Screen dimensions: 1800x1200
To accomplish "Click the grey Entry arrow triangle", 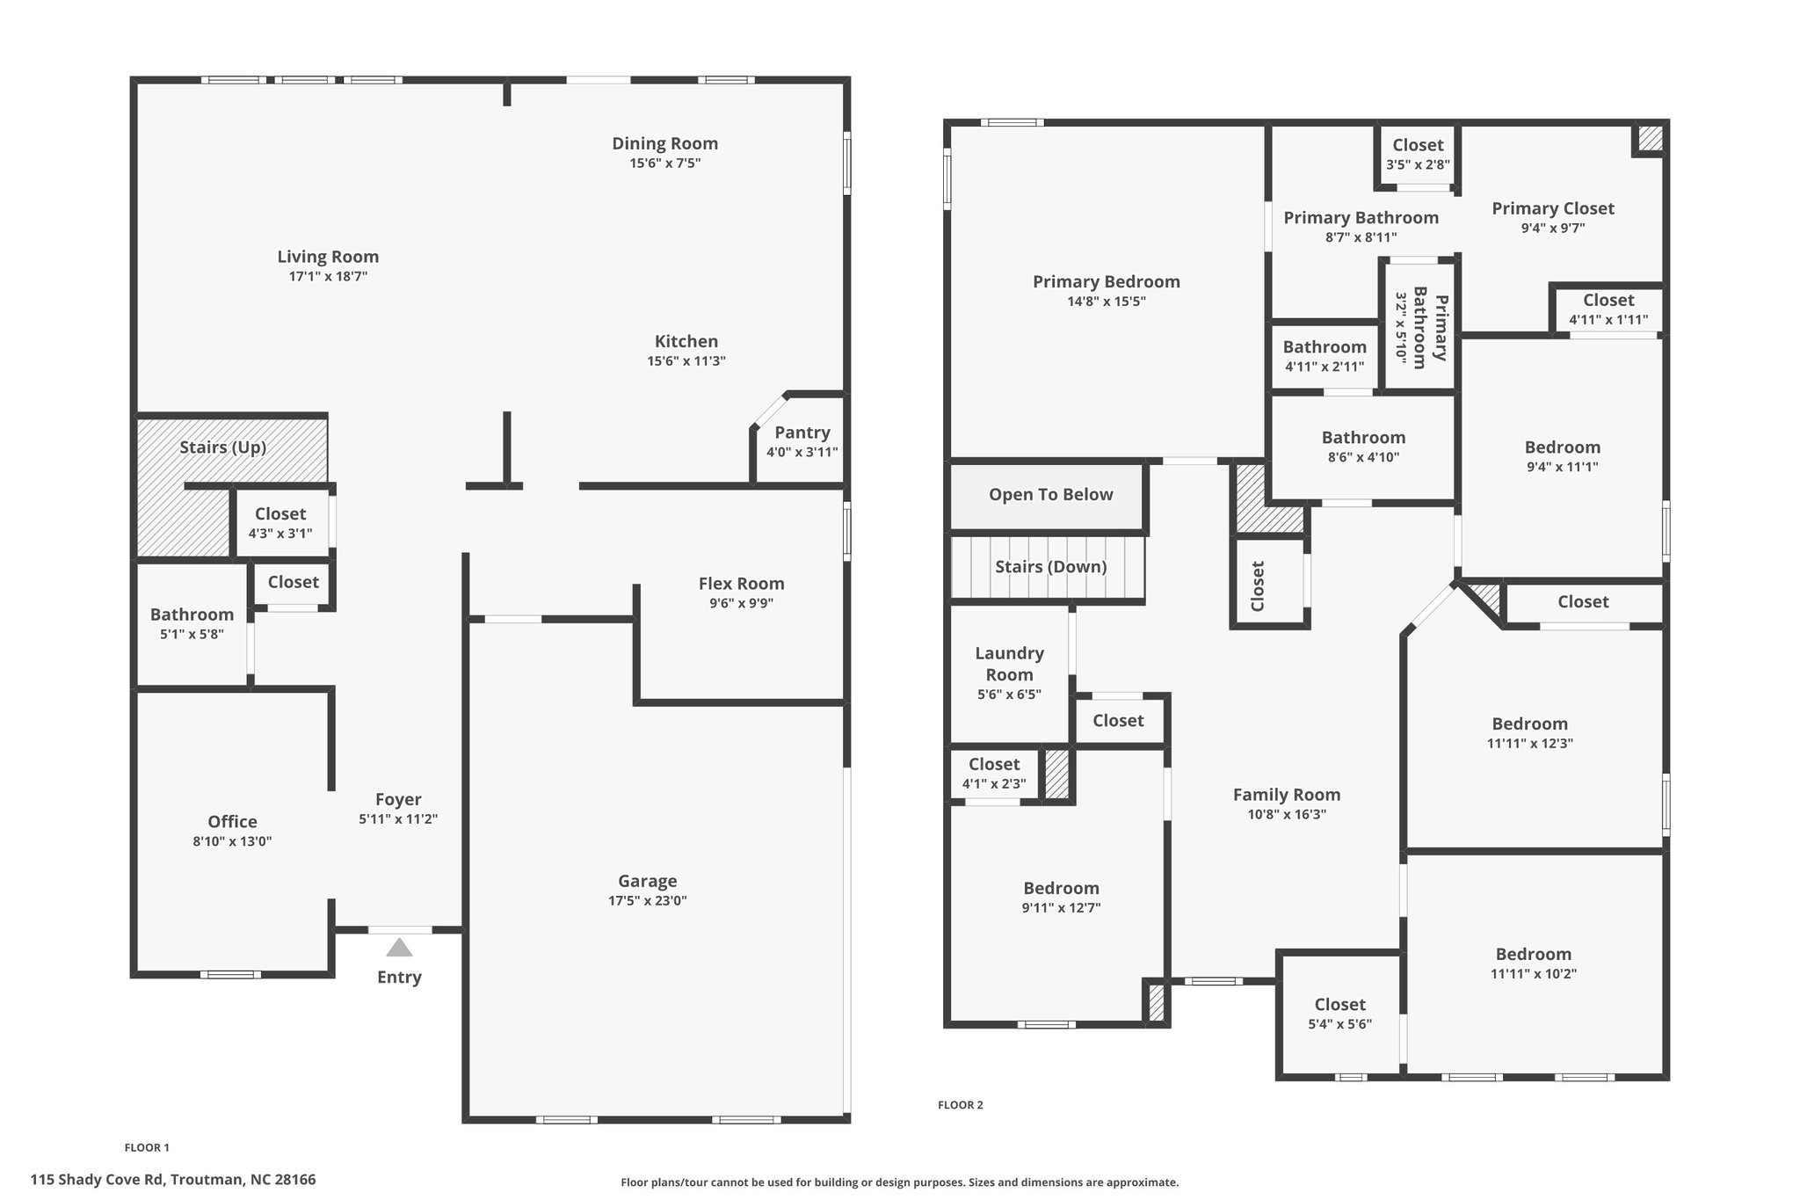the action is pyautogui.click(x=399, y=947).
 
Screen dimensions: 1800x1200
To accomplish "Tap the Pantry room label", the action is pyautogui.click(x=802, y=433).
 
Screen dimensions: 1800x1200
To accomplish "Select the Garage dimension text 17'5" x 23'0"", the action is pyautogui.click(x=648, y=901).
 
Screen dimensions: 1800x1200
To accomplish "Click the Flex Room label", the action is pyautogui.click(x=741, y=583).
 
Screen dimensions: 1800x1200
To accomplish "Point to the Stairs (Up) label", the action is pyautogui.click(x=222, y=447).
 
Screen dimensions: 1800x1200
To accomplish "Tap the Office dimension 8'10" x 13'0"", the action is pyautogui.click(x=232, y=841).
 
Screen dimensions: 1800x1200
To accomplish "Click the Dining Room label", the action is pyautogui.click(x=664, y=143).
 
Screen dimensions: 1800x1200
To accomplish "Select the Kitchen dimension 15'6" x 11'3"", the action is pyautogui.click(x=686, y=361).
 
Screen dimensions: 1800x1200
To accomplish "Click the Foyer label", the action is pyautogui.click(x=398, y=799).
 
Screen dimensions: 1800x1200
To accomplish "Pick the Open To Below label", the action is pyautogui.click(x=1050, y=494).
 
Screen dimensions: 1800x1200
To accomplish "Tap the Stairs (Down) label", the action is pyautogui.click(x=1050, y=567).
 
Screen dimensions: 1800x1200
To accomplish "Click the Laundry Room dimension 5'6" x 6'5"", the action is pyautogui.click(x=1009, y=695).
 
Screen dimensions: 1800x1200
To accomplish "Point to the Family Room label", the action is pyautogui.click(x=1286, y=795).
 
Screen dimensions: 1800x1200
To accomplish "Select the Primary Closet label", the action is pyautogui.click(x=1552, y=208).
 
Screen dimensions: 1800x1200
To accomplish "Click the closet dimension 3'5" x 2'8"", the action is pyautogui.click(x=1418, y=164).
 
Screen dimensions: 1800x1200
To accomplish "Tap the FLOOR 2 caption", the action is pyautogui.click(x=960, y=1105).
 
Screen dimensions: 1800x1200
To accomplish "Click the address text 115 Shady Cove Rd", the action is pyautogui.click(x=98, y=1180).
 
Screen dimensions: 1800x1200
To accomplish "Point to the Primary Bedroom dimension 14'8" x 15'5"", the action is pyautogui.click(x=1106, y=302).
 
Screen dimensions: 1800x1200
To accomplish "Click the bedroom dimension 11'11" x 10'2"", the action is pyautogui.click(x=1533, y=974).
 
